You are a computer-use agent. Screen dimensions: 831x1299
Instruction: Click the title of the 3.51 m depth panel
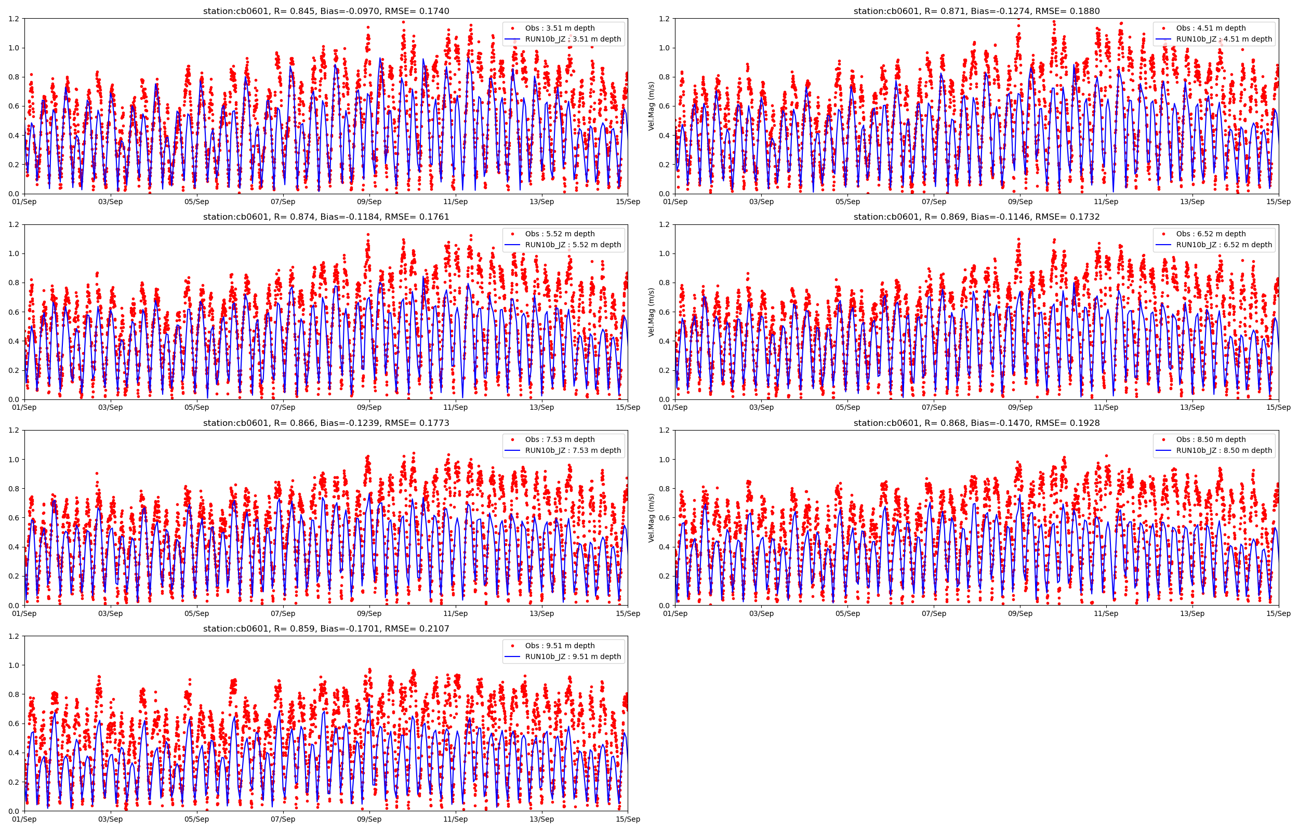click(326, 11)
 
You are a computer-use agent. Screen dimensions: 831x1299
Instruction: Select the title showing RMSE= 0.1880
click(976, 11)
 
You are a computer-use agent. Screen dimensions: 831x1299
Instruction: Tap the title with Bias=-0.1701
click(326, 628)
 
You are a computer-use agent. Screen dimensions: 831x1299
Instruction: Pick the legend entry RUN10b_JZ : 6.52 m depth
click(1224, 245)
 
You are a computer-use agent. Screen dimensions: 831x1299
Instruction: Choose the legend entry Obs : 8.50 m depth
click(1211, 439)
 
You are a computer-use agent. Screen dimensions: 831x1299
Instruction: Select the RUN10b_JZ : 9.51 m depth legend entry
click(573, 656)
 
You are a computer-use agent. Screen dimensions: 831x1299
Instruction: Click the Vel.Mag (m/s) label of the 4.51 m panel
click(652, 106)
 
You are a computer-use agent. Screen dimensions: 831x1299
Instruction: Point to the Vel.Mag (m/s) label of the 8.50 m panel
click(652, 517)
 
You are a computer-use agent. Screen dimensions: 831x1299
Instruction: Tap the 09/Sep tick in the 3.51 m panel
click(369, 202)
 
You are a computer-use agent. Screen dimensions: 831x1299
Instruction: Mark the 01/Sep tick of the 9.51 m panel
click(24, 819)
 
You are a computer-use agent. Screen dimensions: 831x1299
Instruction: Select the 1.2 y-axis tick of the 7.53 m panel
click(14, 430)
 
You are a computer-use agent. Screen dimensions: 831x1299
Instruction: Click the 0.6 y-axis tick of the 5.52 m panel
click(14, 312)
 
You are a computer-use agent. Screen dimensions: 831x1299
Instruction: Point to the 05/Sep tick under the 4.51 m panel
click(847, 202)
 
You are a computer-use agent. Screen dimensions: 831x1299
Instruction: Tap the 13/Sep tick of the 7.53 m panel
click(541, 613)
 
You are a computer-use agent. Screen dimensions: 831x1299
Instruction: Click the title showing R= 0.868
click(976, 423)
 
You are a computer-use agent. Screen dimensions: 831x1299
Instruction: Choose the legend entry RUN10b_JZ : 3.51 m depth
click(573, 39)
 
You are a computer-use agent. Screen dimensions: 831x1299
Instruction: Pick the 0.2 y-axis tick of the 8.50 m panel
click(665, 576)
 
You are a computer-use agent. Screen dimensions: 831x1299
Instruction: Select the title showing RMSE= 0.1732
click(976, 217)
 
